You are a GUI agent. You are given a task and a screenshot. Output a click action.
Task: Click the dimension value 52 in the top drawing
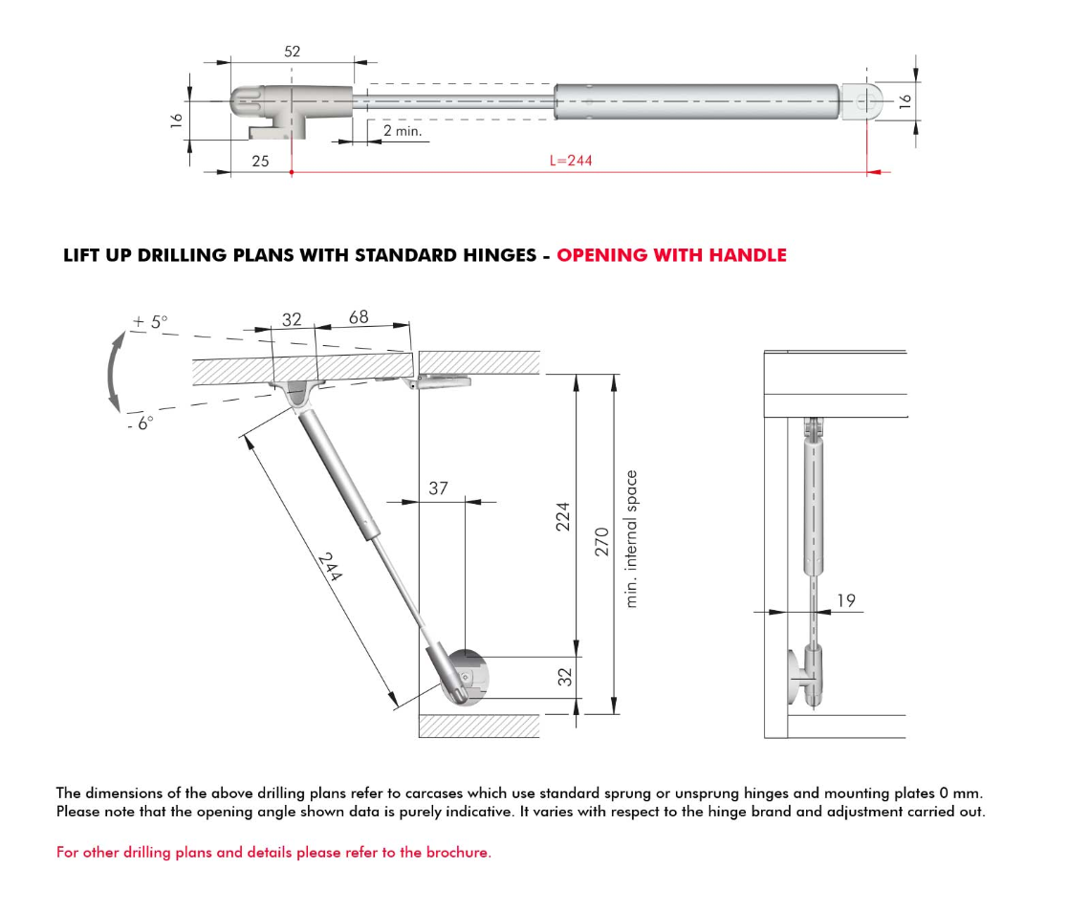pos(292,52)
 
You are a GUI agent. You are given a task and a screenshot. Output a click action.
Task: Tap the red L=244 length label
pos(571,161)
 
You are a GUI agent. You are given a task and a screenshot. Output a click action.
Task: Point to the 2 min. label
pos(402,131)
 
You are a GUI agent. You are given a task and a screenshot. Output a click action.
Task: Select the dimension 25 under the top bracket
pos(260,162)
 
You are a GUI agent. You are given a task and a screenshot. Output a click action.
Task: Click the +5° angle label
pos(150,322)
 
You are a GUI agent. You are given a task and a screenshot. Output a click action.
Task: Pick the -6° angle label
pos(140,422)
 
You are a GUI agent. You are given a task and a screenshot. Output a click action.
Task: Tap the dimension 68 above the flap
pos(359,317)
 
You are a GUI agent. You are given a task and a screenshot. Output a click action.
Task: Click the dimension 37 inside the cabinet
pos(438,488)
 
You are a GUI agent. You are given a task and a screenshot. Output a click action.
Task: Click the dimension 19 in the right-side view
pos(845,600)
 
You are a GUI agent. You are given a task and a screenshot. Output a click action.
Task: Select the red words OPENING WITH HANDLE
pos(671,255)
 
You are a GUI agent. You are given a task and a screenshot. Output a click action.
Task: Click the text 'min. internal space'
pos(631,538)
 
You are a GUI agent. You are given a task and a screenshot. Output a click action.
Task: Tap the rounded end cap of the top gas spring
pos(864,99)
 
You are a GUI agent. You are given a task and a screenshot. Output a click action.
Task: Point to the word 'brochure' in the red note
pos(456,852)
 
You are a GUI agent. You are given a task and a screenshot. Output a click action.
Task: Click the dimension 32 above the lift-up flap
pos(292,320)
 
